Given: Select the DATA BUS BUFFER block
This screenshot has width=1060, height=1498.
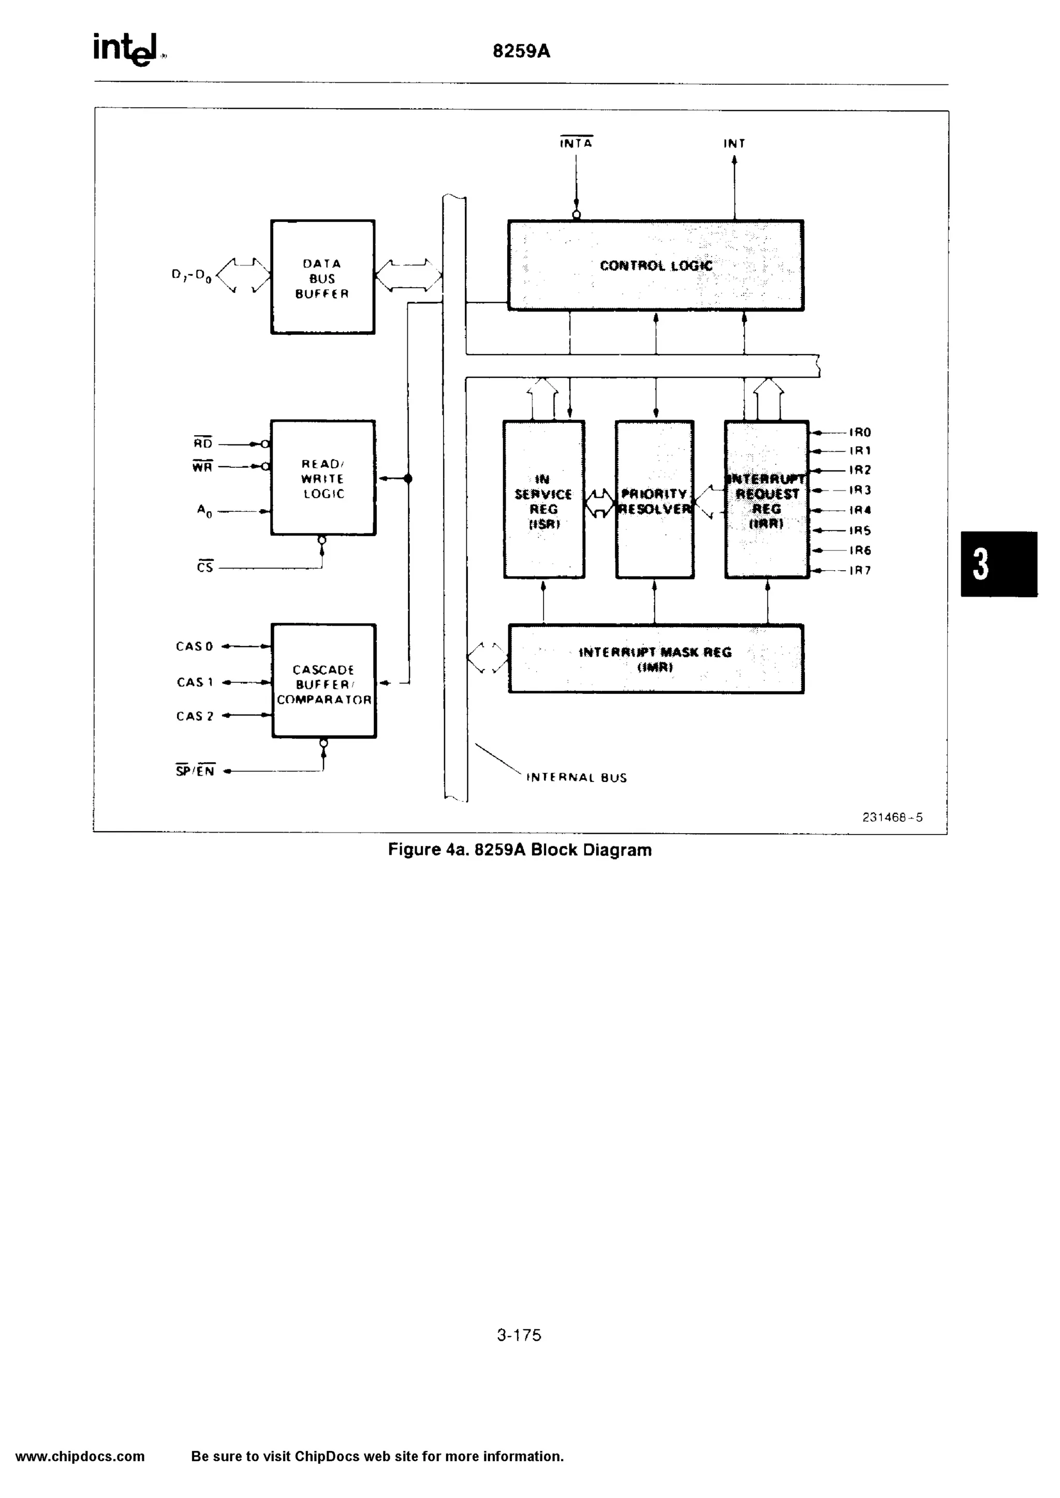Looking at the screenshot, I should [322, 277].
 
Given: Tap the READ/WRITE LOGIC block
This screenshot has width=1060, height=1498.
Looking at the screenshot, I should [323, 478].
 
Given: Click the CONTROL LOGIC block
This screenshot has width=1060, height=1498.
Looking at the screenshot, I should [655, 265].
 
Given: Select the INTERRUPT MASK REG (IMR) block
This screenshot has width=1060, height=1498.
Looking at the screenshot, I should [655, 659].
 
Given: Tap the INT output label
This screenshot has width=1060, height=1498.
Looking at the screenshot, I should [734, 143].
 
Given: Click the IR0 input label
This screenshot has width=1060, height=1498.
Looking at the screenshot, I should [860, 433].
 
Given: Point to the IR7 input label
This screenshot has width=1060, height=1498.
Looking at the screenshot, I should [860, 570].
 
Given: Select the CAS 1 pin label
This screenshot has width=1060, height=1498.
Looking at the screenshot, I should [195, 682].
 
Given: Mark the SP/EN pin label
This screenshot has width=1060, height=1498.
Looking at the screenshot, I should [195, 771].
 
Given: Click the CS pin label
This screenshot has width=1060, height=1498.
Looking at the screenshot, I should [205, 568].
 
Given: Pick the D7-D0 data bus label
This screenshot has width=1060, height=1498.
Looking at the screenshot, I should [191, 276].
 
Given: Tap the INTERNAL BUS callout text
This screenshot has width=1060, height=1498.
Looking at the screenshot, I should [577, 778].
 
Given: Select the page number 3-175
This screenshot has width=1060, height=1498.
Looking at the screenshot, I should [519, 1335].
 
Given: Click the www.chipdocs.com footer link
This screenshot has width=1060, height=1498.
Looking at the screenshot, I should [80, 1456].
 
